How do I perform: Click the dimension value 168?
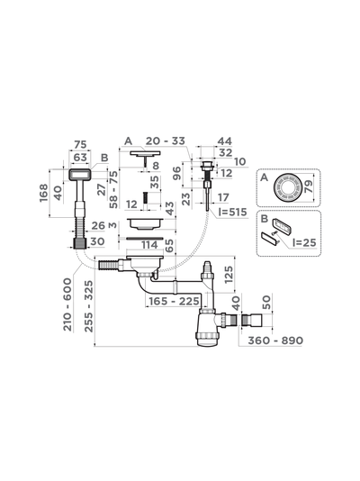click(x=44, y=193)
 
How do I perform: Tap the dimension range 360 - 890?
click(x=275, y=340)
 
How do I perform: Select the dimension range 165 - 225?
click(x=174, y=301)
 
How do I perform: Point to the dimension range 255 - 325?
click(x=88, y=305)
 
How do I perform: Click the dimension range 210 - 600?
click(x=67, y=304)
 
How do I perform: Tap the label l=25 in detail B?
click(x=304, y=242)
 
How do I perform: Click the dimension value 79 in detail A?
click(x=308, y=186)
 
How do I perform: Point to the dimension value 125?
click(x=229, y=274)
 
